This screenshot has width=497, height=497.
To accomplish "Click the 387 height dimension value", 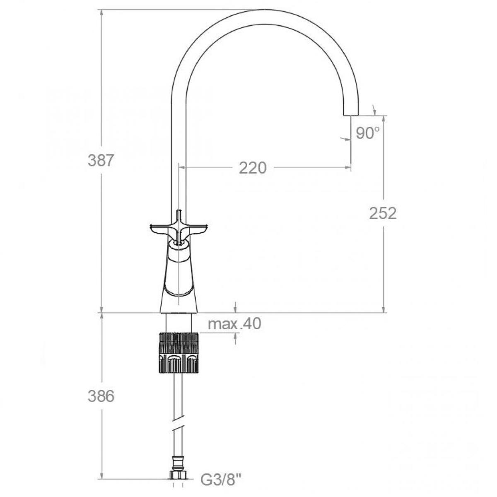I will click(101, 160).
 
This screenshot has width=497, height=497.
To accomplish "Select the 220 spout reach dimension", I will click(253, 168).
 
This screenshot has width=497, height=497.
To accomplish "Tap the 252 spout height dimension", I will click(383, 213).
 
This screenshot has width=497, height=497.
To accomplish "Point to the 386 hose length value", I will click(101, 396).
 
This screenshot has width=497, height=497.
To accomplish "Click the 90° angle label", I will click(367, 133).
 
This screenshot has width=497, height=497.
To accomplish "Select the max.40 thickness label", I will click(234, 324).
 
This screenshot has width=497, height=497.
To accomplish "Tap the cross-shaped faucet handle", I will click(179, 229).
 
